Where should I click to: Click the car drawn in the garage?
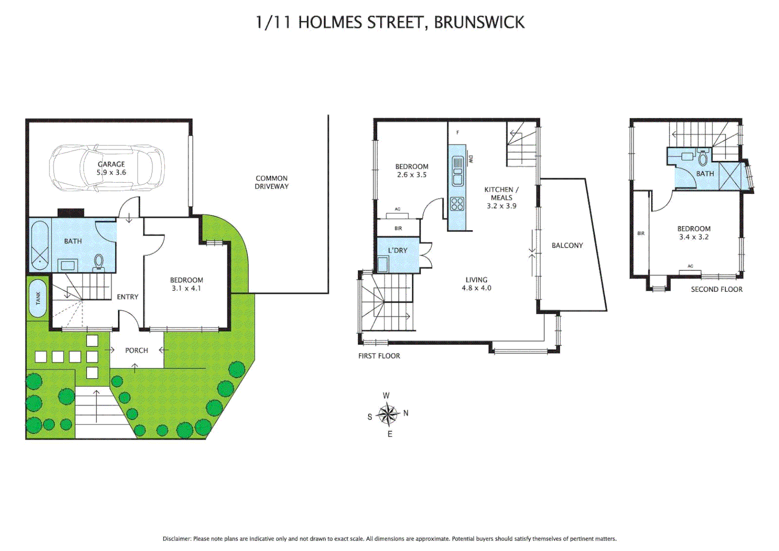pos(107,168)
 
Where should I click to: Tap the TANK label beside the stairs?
pos(38,298)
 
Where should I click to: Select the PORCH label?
pos(137,350)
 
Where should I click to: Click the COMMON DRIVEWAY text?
pos(272,182)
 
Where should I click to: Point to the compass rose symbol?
pos(387,414)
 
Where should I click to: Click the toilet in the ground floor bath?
pos(98,262)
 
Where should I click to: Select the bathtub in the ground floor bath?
pos(39,245)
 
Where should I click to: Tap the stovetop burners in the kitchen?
pos(457,204)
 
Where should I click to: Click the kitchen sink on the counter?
pos(457,170)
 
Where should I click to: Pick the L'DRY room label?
pos(398,250)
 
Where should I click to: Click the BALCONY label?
pos(567,245)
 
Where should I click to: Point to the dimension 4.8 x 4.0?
pos(476,288)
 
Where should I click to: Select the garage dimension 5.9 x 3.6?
pos(111,172)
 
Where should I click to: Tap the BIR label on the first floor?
pos(398,228)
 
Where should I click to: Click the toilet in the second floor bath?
pos(703,158)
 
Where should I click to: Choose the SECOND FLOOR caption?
pos(716,289)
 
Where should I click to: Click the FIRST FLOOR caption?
pos(379,356)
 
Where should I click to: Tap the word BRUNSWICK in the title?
pos(479,22)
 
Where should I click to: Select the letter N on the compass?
pos(406,413)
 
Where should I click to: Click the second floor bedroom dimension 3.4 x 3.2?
pos(693,237)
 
